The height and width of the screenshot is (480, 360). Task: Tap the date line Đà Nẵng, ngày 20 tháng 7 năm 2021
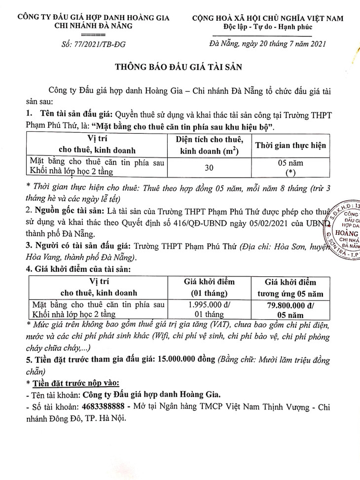click(264, 44)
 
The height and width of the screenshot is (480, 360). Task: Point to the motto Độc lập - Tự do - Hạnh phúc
click(264, 27)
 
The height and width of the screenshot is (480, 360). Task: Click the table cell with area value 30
click(209, 168)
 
